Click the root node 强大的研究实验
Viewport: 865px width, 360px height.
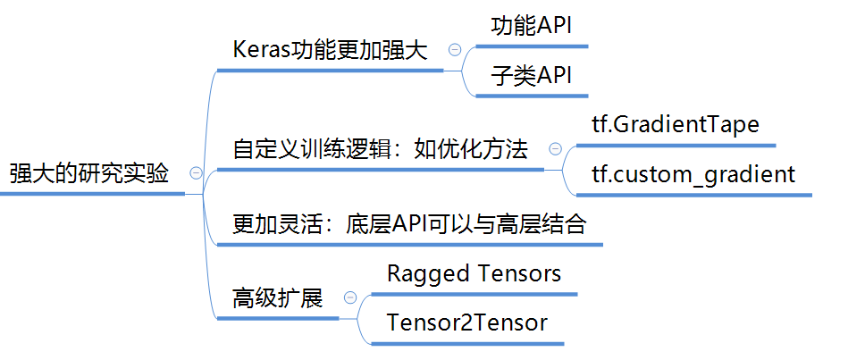click(89, 172)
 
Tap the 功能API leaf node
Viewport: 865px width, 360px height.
click(531, 27)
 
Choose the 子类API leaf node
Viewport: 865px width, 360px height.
click(531, 76)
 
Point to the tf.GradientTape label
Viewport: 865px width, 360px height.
click(675, 124)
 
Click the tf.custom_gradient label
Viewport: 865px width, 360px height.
click(693, 173)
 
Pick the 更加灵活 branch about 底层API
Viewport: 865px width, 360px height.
click(409, 223)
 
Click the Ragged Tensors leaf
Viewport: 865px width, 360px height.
click(474, 273)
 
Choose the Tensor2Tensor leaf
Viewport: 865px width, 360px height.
click(466, 322)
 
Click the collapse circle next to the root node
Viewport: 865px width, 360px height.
click(196, 173)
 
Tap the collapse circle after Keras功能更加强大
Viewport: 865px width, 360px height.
click(455, 51)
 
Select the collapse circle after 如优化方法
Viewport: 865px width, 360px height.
click(555, 149)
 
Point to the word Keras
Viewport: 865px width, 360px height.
click(256, 50)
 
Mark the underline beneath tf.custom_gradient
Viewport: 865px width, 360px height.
click(688, 194)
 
